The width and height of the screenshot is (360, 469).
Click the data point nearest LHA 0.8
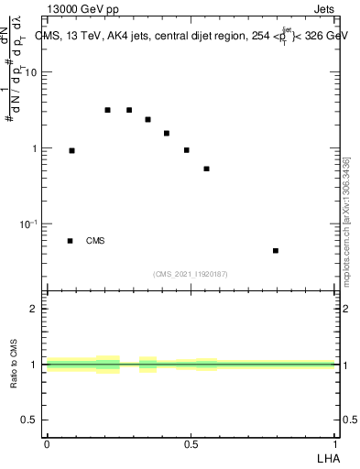[275, 250]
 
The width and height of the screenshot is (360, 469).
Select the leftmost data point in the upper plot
[71, 150]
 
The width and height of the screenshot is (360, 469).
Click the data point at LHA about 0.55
[206, 169]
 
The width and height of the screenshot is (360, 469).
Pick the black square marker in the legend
[70, 241]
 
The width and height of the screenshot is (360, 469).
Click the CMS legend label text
[95, 241]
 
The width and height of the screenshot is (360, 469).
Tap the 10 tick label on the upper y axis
[31, 72]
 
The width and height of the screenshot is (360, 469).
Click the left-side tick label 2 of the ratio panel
[33, 309]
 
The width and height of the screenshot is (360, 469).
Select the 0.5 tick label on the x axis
[191, 443]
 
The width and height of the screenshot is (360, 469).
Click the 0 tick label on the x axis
[47, 443]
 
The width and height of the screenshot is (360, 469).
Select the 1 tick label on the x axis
[334, 443]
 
